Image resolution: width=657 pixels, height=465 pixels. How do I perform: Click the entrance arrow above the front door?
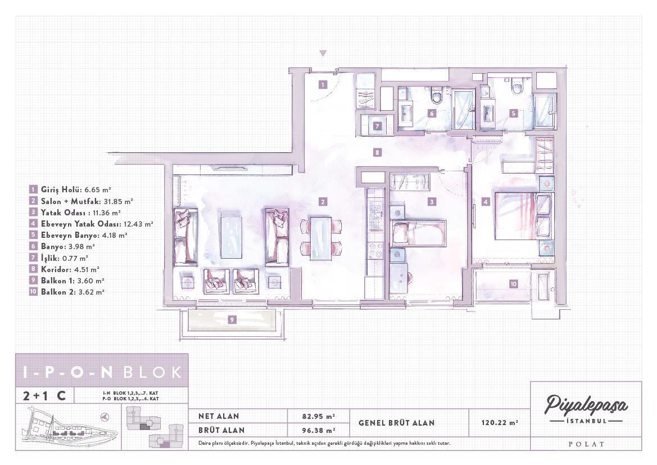323,53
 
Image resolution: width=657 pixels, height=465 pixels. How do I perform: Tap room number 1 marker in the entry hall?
323,84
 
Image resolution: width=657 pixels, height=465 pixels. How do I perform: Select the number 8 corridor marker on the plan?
377,152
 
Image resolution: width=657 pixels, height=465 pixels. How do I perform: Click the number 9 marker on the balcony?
232,320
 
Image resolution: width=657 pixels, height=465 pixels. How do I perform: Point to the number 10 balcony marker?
513,284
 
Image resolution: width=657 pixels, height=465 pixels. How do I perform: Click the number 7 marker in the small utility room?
377,126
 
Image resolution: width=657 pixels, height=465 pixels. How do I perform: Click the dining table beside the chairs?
321,237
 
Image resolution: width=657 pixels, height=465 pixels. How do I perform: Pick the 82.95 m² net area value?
319,416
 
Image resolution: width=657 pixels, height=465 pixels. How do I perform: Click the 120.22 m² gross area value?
500,423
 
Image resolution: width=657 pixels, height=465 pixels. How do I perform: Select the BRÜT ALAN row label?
221,430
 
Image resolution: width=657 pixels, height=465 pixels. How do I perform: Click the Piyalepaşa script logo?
586,405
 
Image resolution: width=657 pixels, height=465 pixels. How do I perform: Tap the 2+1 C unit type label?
44,395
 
